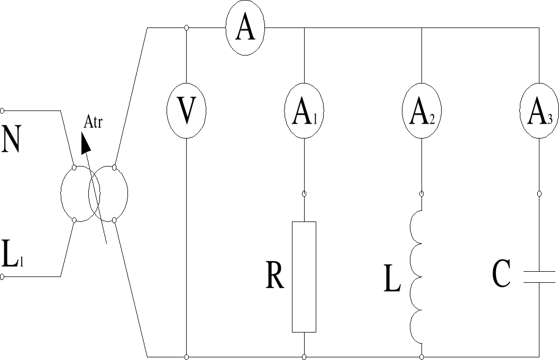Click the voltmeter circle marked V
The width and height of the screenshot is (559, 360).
(186, 111)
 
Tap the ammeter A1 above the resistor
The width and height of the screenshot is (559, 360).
(305, 111)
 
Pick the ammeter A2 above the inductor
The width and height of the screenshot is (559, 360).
(421, 111)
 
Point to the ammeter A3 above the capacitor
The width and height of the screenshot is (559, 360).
(539, 111)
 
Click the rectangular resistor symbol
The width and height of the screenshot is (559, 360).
(304, 276)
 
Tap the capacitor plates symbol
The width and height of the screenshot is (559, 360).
(539, 276)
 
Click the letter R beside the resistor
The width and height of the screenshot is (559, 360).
(275, 275)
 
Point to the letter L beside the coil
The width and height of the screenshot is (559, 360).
(392, 281)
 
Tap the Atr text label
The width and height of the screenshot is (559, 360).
(93, 123)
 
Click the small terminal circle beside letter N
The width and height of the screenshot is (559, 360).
(3, 110)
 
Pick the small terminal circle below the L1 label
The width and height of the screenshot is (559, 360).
(3, 276)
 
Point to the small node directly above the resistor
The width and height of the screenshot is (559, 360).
(304, 194)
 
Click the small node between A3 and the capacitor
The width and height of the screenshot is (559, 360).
(539, 194)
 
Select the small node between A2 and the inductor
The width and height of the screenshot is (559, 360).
(421, 194)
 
